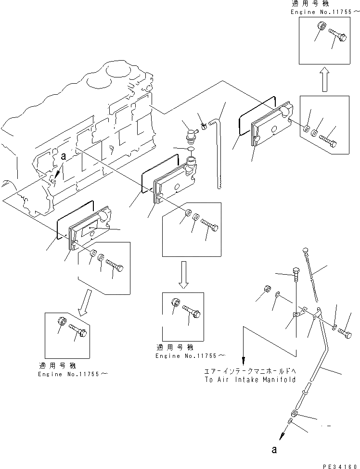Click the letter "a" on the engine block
[62, 157]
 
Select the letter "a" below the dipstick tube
[274, 450]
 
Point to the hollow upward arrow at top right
[325, 78]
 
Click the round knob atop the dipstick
[305, 249]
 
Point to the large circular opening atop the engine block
[117, 71]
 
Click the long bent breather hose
[219, 144]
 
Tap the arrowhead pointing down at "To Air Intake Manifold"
[244, 360]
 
